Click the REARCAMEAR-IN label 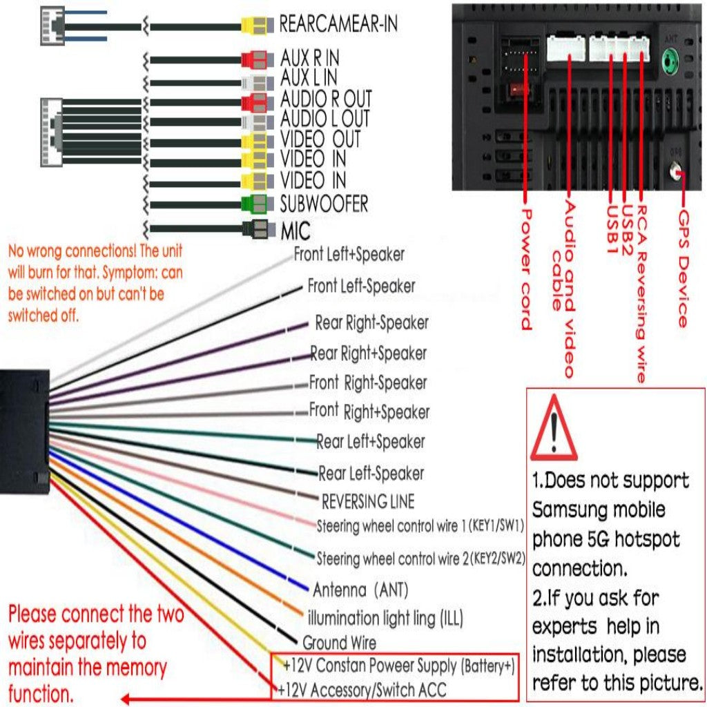pyautogui.click(x=338, y=24)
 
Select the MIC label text pyautogui.click(x=296, y=231)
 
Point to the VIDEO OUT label pyautogui.click(x=320, y=139)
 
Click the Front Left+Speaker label pyautogui.click(x=349, y=254)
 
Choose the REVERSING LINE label pyautogui.click(x=368, y=501)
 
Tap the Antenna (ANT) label pyautogui.click(x=360, y=590)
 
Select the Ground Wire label pyautogui.click(x=339, y=643)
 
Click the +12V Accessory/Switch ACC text pyautogui.click(x=362, y=689)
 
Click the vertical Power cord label pyautogui.click(x=526, y=269)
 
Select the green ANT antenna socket pyautogui.click(x=668, y=65)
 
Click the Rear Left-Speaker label pyautogui.click(x=371, y=474)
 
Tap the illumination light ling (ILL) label pyautogui.click(x=385, y=617)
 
